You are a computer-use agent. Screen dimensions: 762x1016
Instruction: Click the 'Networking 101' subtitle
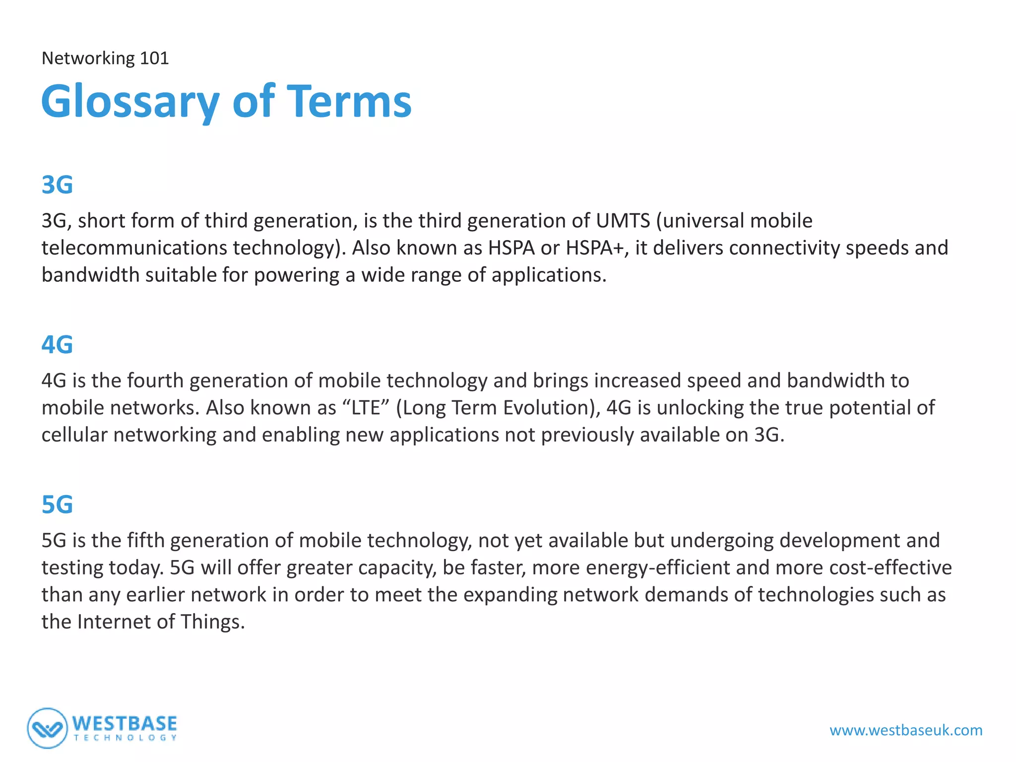click(x=105, y=59)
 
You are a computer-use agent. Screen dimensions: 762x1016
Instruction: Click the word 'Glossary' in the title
click(x=130, y=102)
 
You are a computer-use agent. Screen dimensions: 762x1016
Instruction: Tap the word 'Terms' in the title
click(x=349, y=102)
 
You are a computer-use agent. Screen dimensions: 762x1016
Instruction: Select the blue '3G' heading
click(x=57, y=185)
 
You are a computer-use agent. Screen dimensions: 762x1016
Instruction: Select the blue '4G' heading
click(x=57, y=345)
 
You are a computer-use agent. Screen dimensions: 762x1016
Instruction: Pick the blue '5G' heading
click(x=57, y=505)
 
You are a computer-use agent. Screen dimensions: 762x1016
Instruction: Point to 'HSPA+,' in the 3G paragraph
click(x=597, y=248)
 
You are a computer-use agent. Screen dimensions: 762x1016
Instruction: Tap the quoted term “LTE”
click(x=366, y=408)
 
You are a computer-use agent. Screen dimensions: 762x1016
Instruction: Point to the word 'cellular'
click(x=74, y=435)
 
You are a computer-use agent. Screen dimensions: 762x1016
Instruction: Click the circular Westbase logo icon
click(x=47, y=728)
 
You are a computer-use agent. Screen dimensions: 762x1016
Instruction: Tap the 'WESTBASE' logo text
click(x=125, y=724)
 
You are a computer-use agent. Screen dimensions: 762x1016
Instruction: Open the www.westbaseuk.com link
click(x=906, y=730)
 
